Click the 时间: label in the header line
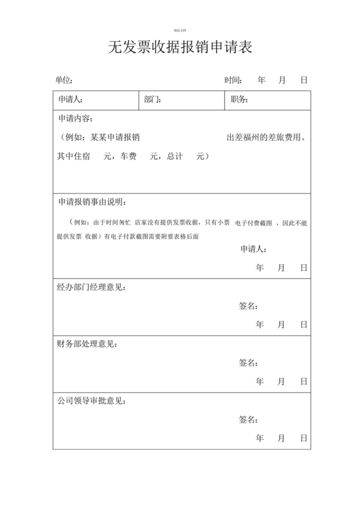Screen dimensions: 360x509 [233, 80]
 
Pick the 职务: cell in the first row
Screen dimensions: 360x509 [239, 100]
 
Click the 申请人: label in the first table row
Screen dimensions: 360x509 [70, 100]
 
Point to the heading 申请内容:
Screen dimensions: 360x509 [75, 119]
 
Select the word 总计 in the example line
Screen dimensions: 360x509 [175, 156]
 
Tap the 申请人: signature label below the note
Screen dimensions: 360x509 [253, 249]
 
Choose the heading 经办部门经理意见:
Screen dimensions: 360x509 [91, 287]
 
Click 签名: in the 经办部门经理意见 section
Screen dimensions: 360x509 [248, 306]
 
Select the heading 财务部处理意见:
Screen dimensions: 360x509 [87, 344]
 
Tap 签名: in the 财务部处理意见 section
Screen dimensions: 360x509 [248, 362]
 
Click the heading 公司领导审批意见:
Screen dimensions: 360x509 [91, 401]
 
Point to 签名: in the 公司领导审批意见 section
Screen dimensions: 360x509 [248, 420]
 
